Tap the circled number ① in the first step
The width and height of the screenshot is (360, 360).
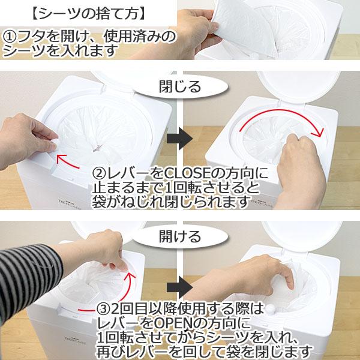(x=11, y=37)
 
